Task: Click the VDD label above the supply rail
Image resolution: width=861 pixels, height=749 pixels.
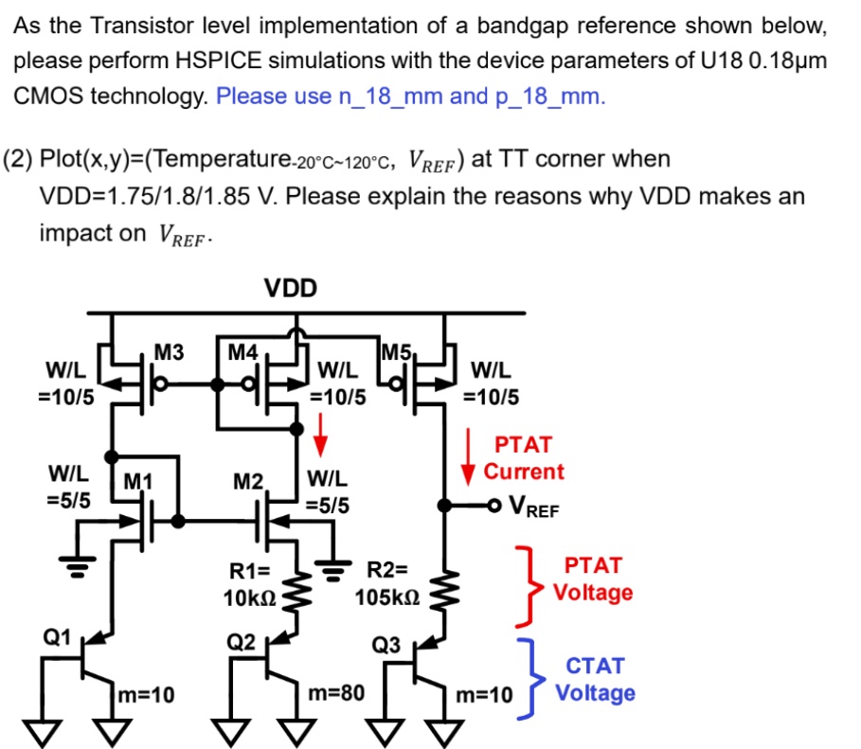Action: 291,288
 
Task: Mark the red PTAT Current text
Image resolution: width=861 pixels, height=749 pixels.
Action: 523,457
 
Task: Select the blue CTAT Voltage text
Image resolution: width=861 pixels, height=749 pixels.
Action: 594,680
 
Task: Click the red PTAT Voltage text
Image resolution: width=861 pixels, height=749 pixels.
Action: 593,580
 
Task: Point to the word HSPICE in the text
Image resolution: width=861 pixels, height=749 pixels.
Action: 217,62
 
